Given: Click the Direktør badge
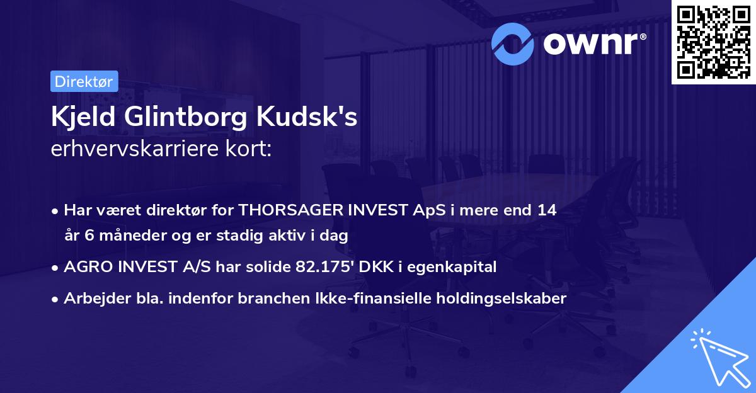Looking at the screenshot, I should [x=83, y=81].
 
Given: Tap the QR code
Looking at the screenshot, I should [x=713, y=42].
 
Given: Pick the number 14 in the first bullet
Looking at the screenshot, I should [x=546, y=210].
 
